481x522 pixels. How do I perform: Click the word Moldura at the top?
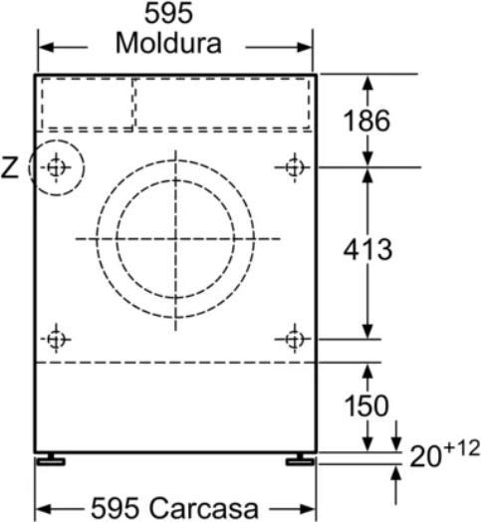167,45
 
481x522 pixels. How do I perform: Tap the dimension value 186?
366,121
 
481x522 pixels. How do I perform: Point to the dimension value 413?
366,248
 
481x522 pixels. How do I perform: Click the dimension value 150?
366,406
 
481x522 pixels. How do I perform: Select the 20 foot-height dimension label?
424,457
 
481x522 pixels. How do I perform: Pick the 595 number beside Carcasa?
118,506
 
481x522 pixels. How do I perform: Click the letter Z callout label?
10,168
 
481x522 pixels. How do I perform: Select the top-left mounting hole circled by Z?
56,167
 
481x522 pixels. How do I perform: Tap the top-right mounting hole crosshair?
294,167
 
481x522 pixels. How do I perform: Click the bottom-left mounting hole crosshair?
56,340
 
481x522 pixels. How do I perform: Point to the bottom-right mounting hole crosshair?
294,340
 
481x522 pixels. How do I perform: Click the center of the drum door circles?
176,238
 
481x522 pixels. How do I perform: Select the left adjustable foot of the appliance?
50,460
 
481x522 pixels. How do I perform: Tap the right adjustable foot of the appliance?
298,460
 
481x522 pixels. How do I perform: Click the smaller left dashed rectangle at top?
87,104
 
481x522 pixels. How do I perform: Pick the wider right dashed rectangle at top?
222,104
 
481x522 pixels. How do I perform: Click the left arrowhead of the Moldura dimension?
46,46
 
